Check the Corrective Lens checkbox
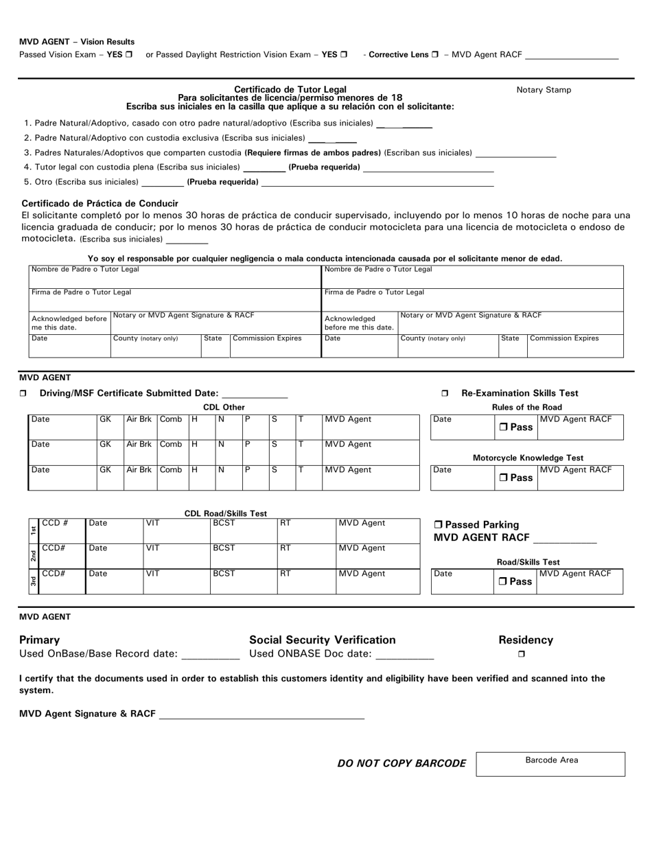coord(435,55)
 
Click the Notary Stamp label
coord(544,90)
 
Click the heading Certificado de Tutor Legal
coord(290,89)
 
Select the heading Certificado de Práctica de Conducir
coord(100,203)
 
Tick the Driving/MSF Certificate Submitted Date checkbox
coord(23,394)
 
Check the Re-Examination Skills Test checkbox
coord(445,394)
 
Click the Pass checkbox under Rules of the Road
coord(503,427)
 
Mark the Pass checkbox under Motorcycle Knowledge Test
coord(503,478)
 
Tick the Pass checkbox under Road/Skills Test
coord(503,582)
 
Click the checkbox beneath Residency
coord(521,654)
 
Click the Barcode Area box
coord(550,764)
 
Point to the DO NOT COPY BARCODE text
coord(401,764)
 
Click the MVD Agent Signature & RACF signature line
coord(261,716)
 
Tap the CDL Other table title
coord(224,408)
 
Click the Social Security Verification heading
coord(323,640)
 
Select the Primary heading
coord(40,640)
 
